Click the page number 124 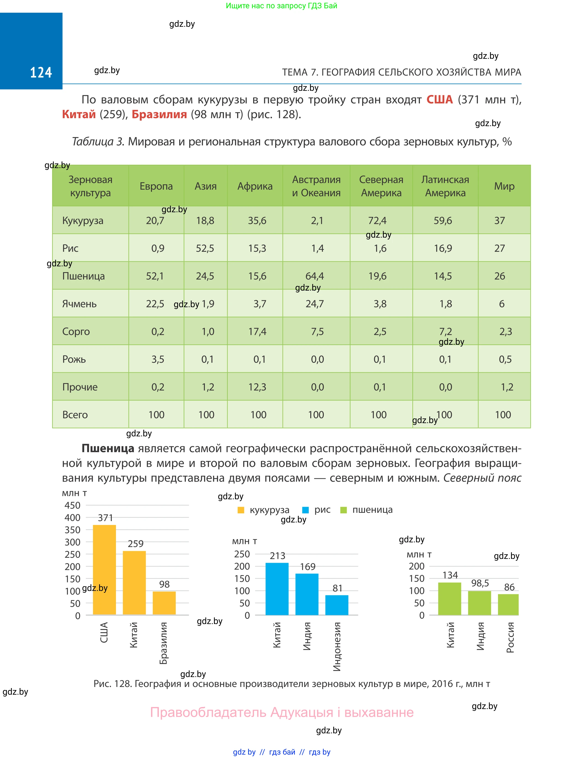(41, 72)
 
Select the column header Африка (255, 186)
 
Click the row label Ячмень (79, 304)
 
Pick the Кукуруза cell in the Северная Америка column (377, 221)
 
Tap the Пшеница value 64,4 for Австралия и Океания (314, 276)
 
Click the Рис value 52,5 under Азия (205, 248)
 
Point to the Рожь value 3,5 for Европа (158, 359)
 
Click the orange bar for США (104, 570)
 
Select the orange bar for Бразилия (164, 603)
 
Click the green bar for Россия (508, 604)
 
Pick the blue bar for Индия (307, 594)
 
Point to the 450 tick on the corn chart (72, 505)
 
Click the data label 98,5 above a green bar (480, 583)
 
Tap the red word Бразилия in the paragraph (159, 114)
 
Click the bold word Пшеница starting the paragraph (108, 449)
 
